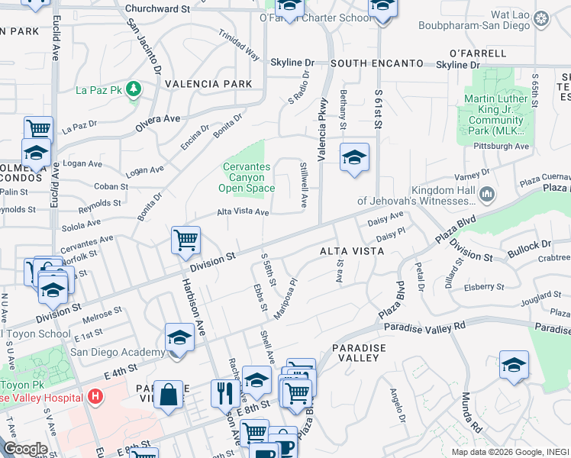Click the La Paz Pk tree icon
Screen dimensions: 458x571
tap(134, 89)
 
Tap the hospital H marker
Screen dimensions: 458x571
tap(95, 396)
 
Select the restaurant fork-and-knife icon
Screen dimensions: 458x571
tap(224, 393)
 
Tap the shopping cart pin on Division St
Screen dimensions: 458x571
tap(185, 240)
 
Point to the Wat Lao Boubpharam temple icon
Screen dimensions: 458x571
tap(541, 18)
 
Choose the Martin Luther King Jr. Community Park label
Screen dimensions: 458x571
tap(496, 114)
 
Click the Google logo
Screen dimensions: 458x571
tap(25, 449)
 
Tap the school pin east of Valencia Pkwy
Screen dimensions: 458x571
tap(354, 157)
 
